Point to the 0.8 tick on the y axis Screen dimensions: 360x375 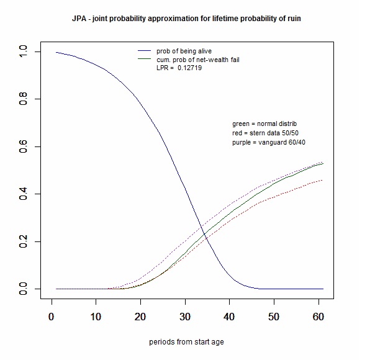tap(23, 99)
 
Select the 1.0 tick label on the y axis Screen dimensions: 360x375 tap(23, 52)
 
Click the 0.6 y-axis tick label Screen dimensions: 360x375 tap(23, 147)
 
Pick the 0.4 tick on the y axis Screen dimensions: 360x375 tap(23, 194)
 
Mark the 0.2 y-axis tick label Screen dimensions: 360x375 tap(23, 242)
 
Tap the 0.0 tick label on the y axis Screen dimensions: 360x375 tap(23, 289)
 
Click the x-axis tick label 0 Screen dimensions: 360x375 tap(52, 317)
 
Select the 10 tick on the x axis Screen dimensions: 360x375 tap(96, 317)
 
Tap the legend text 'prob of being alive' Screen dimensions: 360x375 tap(185, 50)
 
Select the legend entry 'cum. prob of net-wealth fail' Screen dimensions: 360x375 tap(197, 59)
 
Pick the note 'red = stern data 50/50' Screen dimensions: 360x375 tap(265, 133)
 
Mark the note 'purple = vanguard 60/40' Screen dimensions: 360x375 tap(269, 143)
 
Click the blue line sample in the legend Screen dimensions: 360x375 tap(145, 50)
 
